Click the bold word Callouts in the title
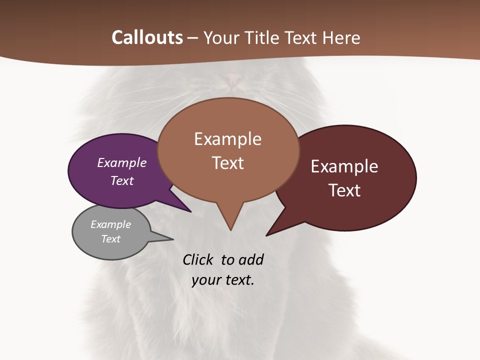point(147,37)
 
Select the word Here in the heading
point(341,37)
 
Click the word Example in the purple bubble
point(122,162)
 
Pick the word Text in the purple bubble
point(122,180)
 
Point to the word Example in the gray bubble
point(110,224)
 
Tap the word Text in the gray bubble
point(110,239)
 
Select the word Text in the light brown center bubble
point(228,162)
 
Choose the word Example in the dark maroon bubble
point(344,166)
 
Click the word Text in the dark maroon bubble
point(344,190)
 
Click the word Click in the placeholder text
point(197,259)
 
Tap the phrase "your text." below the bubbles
point(223,280)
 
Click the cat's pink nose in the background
point(233,78)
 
